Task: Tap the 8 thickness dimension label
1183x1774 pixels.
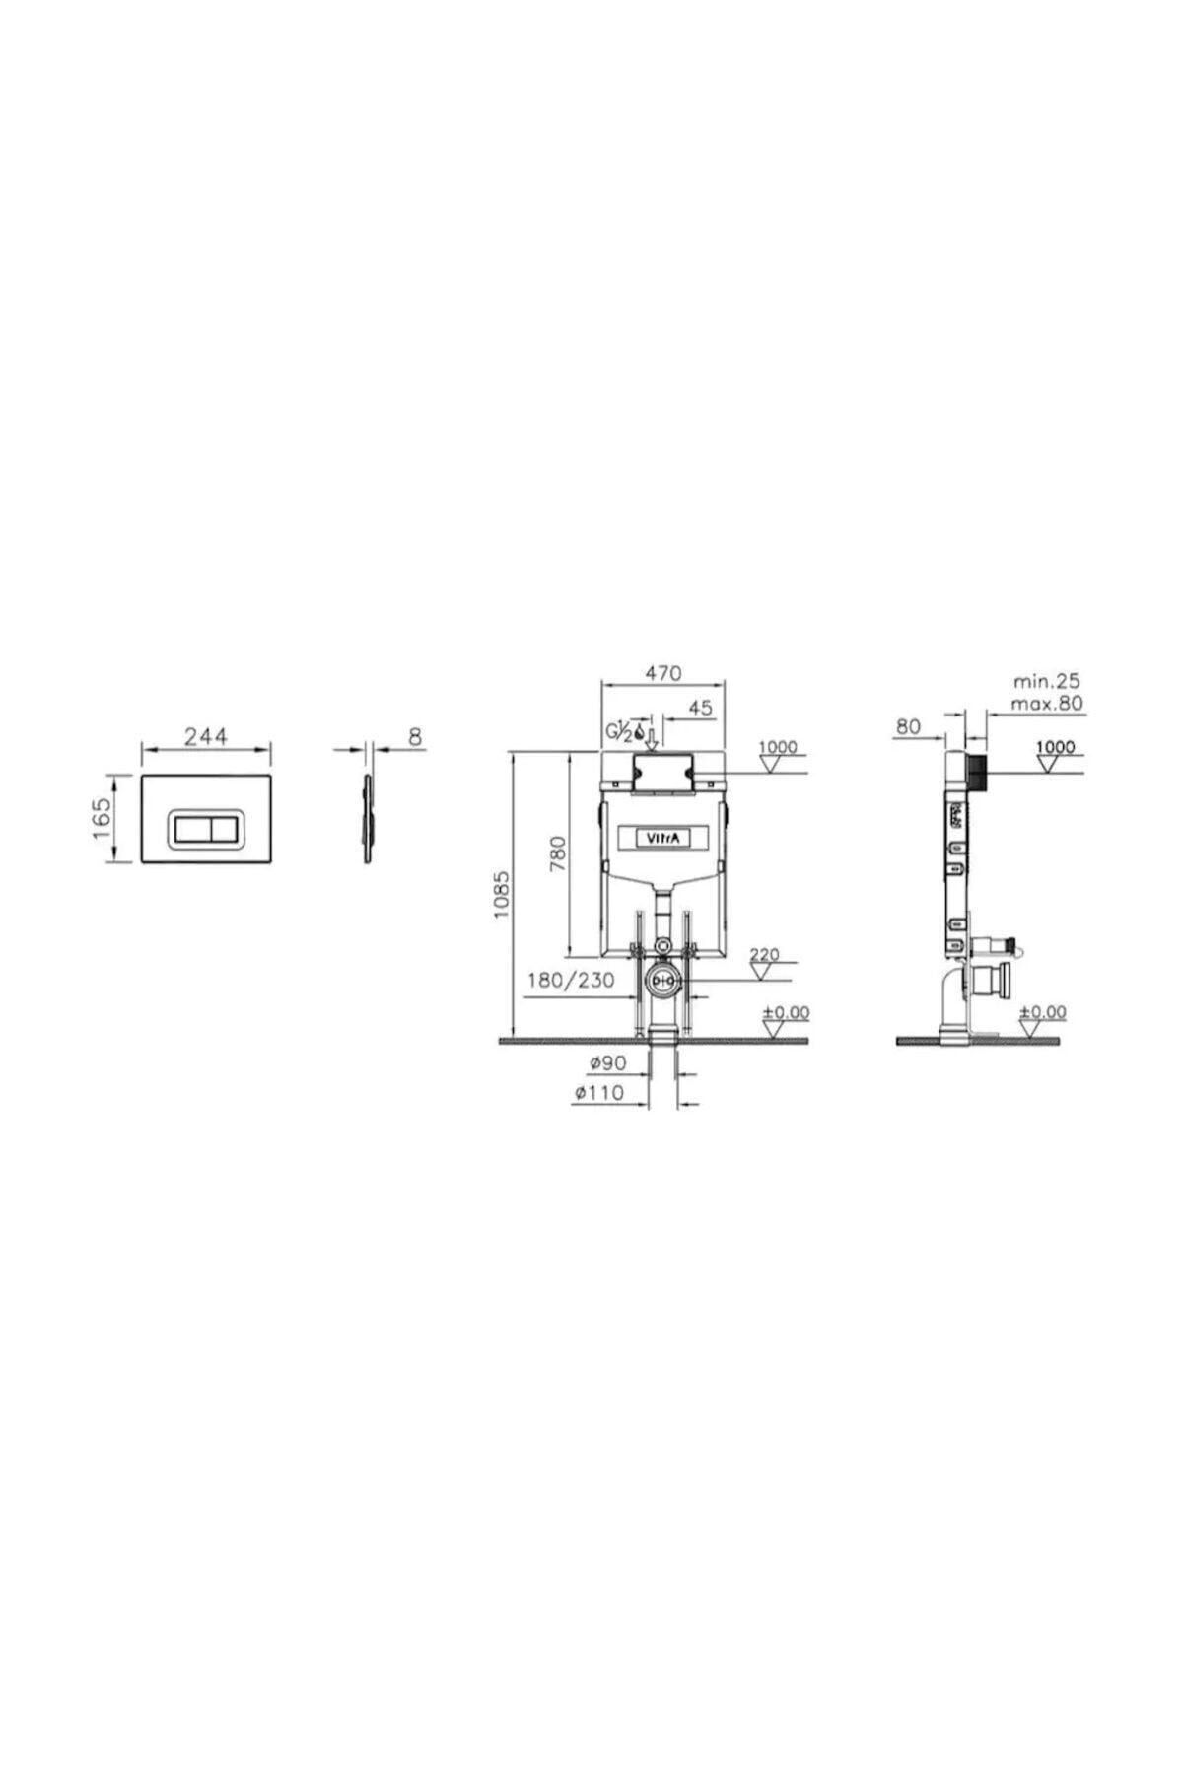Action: [x=415, y=735]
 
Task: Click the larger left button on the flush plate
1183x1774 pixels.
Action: [x=192, y=816]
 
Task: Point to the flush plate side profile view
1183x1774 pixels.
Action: [x=369, y=817]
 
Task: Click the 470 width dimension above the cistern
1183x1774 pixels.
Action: [x=663, y=674]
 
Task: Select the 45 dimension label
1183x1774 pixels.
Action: [x=701, y=708]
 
